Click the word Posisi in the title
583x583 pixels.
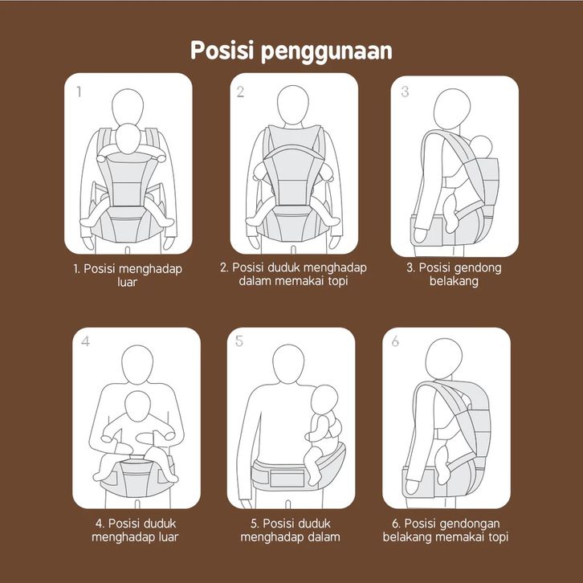[222, 51]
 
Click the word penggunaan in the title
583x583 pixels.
[327, 52]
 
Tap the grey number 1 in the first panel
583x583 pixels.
[79, 92]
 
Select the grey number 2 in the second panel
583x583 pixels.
[241, 92]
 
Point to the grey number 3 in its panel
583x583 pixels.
[405, 92]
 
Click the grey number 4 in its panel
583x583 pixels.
[85, 341]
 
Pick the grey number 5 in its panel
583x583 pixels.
[239, 341]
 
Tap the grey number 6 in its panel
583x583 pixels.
[395, 341]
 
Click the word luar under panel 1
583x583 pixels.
[127, 282]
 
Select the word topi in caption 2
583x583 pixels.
[338, 281]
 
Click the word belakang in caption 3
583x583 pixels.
[454, 281]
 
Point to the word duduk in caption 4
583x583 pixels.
[161, 524]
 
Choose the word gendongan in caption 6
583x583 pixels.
[471, 524]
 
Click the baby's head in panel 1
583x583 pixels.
[128, 139]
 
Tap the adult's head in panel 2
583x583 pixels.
[293, 105]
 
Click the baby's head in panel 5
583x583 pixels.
[324, 399]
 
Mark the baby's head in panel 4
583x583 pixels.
[137, 406]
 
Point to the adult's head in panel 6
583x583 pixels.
[443, 358]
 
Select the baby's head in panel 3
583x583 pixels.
[482, 146]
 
